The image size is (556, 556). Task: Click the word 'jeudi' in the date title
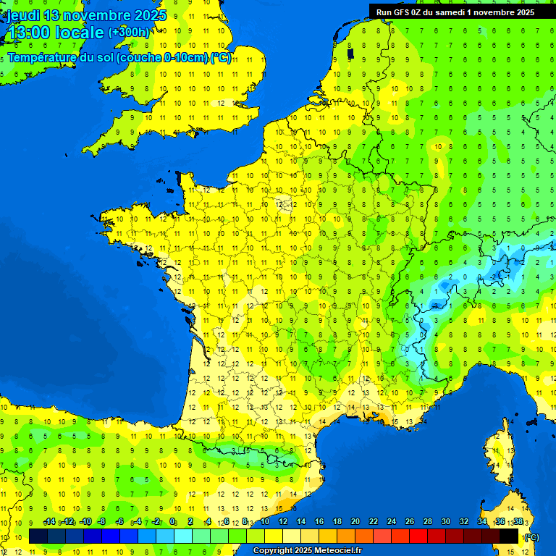coord(22,14)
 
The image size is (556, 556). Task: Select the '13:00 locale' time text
coord(55,33)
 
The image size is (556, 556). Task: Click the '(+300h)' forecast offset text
coord(129,33)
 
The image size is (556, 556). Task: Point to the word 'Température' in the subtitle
coord(45,57)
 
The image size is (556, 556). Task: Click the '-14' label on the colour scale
coord(49,521)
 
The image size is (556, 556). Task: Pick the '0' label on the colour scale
coord(172,521)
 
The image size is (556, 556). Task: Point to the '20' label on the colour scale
coord(355,521)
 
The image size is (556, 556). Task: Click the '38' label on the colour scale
coord(518,521)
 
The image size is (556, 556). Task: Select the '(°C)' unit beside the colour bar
coord(531,536)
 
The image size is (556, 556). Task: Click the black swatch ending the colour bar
coord(510,536)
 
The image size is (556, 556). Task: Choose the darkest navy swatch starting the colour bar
coord(38,536)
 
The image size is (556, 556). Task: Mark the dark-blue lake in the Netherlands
coord(350,52)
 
